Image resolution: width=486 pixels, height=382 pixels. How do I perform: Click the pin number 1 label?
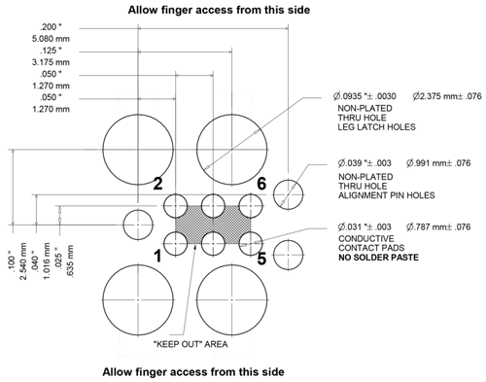[x=157, y=257]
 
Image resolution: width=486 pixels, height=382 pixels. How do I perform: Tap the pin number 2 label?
[x=157, y=184]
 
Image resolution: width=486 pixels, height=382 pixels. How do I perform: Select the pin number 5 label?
[x=261, y=259]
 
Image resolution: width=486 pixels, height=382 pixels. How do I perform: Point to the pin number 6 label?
[x=261, y=184]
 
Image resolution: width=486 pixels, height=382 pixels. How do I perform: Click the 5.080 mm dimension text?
[x=51, y=39]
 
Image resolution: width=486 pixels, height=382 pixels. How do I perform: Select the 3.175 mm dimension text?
[x=51, y=62]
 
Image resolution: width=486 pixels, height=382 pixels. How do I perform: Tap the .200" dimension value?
[x=51, y=27]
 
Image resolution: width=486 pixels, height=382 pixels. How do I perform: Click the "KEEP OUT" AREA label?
[x=191, y=344]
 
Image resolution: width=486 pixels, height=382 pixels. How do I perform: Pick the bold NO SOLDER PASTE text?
[x=378, y=258]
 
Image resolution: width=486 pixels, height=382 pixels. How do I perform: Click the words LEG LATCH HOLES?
[x=376, y=127]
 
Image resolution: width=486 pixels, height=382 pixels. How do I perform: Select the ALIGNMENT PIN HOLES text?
[x=387, y=195]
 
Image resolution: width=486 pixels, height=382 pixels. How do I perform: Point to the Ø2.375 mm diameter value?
[x=447, y=96]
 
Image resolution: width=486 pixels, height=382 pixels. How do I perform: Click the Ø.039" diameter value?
[x=364, y=162]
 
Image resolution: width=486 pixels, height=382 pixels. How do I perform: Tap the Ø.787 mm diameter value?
[x=438, y=226]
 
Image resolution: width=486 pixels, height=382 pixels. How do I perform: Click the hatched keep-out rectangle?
[x=213, y=225]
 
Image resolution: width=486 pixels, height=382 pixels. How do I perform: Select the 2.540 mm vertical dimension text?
[x=23, y=261]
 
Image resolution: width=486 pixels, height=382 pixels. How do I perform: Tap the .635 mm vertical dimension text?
[x=69, y=261]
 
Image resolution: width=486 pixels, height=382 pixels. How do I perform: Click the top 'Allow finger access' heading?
[x=219, y=10]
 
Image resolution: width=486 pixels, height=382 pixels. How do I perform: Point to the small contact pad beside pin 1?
[x=175, y=244]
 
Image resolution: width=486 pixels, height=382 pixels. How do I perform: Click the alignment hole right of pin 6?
[x=288, y=194]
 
